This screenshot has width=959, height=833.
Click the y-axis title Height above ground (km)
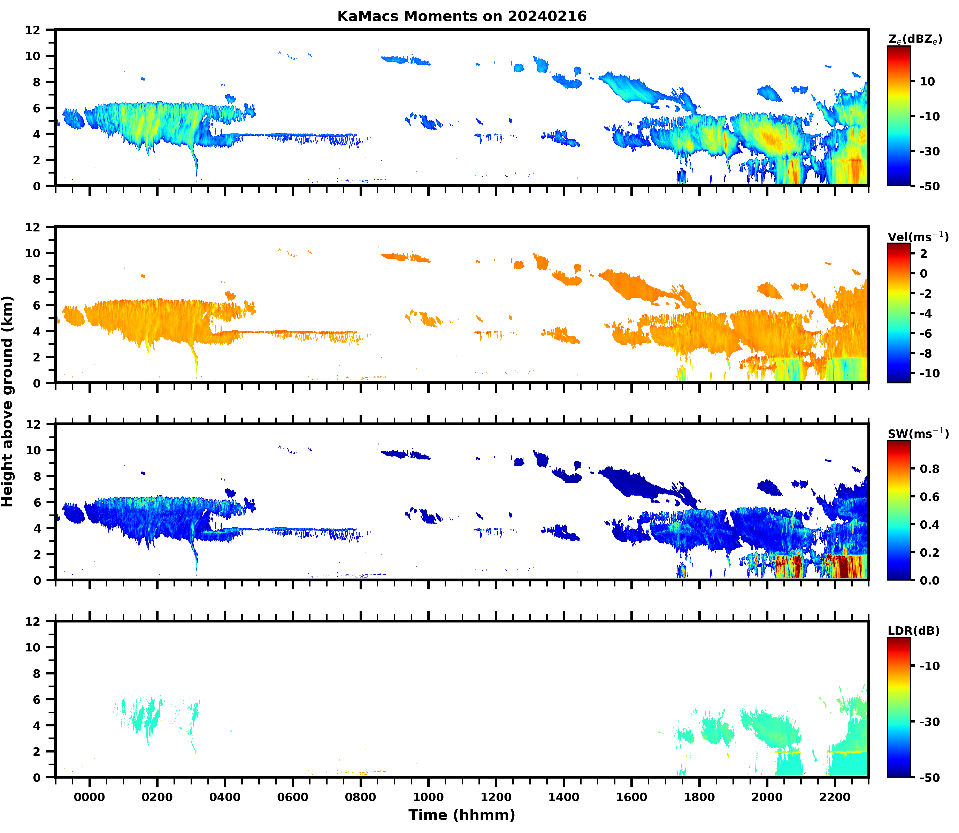tap(7, 401)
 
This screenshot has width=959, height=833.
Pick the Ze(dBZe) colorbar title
tap(915, 39)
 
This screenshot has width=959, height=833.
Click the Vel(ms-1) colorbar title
tap(918, 237)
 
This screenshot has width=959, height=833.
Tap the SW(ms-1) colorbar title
tap(918, 434)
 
